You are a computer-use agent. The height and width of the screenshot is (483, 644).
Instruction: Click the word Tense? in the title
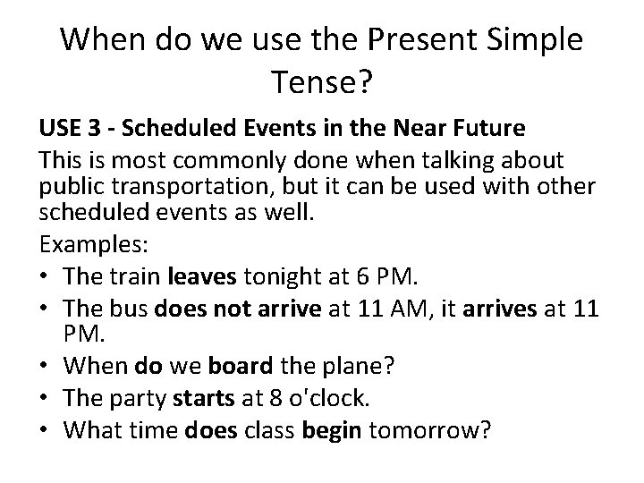(320, 85)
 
